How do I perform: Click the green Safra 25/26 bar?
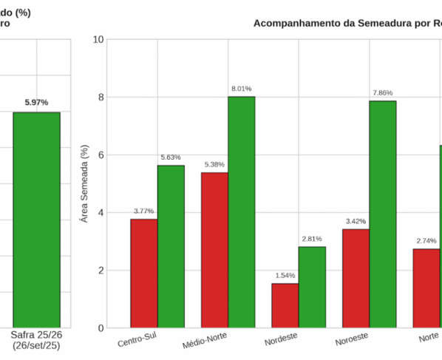point(37,220)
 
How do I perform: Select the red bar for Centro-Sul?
point(144,274)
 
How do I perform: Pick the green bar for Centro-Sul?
point(171,247)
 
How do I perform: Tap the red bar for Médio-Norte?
point(215,251)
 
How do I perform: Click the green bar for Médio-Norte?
point(242,212)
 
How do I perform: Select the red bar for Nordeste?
point(285,305)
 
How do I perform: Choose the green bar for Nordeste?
point(313,288)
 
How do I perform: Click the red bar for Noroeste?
point(356,279)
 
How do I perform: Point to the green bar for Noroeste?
point(383,214)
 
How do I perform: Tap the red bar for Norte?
point(426,288)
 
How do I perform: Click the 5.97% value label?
point(37,102)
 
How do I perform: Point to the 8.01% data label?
point(242,89)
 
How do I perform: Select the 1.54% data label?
point(285,276)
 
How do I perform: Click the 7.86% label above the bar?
point(383,92)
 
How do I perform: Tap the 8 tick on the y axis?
point(101,97)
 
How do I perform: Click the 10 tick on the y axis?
point(98,39)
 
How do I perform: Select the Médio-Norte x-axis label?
point(205,340)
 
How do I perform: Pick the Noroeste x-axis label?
point(352,339)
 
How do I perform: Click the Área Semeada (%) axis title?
point(84,184)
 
